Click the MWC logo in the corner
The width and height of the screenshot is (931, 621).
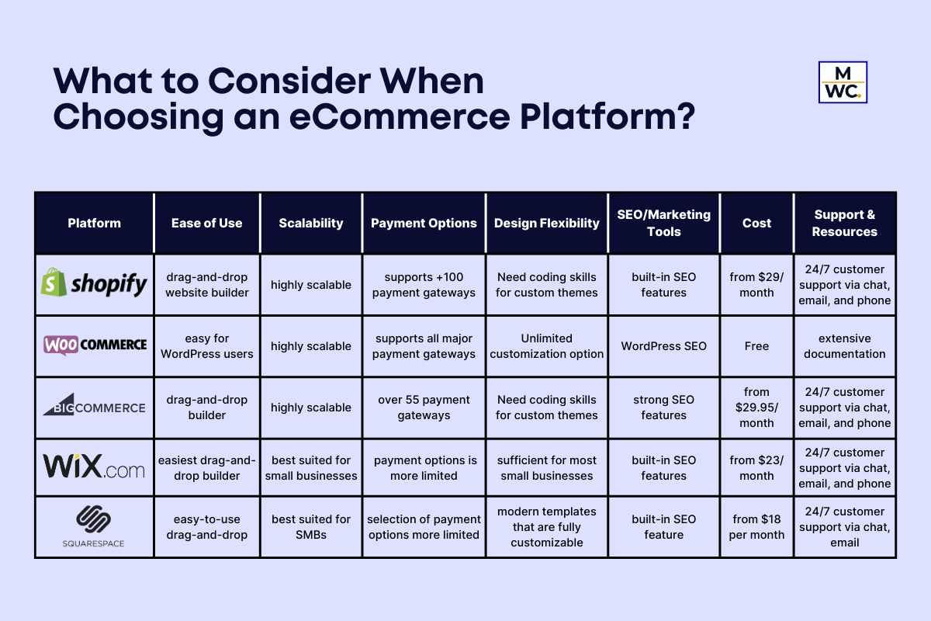pos(843,82)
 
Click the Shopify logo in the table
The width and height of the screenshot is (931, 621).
pos(94,284)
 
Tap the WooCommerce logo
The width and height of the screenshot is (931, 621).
pos(94,345)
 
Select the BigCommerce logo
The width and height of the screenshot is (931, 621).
pos(94,407)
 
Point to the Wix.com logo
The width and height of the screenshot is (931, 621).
pos(94,467)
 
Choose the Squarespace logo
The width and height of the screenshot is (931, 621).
pos(94,526)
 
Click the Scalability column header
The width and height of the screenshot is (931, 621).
pos(311,223)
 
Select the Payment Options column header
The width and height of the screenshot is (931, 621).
pos(424,223)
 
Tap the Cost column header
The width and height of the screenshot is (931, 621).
pos(756,223)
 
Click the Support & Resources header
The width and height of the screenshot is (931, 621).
pos(845,223)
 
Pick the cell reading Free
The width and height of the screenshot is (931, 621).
pos(756,346)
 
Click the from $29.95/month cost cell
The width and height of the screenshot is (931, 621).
pos(756,408)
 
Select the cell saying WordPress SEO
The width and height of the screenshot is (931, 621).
pos(664,346)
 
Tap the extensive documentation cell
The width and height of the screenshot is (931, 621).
pos(845,346)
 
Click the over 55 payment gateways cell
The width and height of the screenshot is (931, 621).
pos(424,408)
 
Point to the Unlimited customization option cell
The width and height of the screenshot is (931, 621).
pos(547,346)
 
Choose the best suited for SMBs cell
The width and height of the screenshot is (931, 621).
pos(311,527)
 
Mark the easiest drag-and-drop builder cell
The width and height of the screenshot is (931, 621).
pos(206,468)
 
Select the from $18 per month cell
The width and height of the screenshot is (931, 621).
pos(756,527)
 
